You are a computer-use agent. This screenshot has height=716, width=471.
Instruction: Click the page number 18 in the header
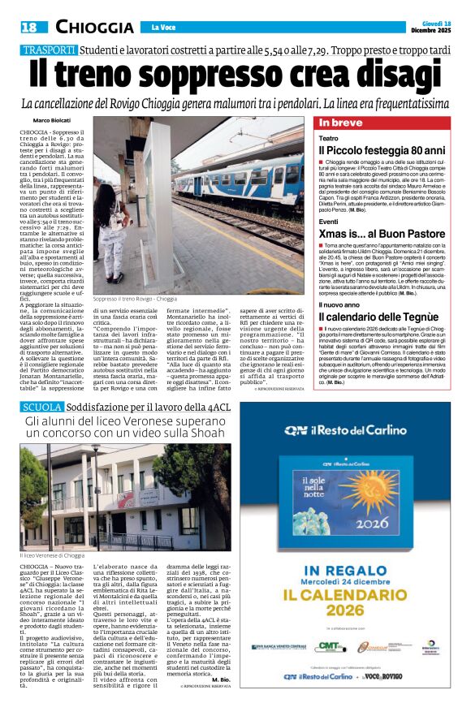29,28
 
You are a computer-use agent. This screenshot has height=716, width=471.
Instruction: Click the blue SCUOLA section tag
41,406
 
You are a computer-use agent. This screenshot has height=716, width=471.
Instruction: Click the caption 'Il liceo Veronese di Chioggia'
50,555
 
